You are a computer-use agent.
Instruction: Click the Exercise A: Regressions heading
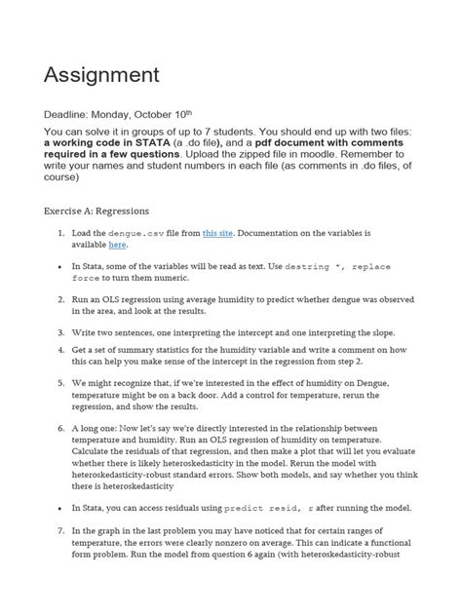(x=108, y=209)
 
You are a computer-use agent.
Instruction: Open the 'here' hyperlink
(x=117, y=246)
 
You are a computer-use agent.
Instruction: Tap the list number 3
(x=60, y=332)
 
